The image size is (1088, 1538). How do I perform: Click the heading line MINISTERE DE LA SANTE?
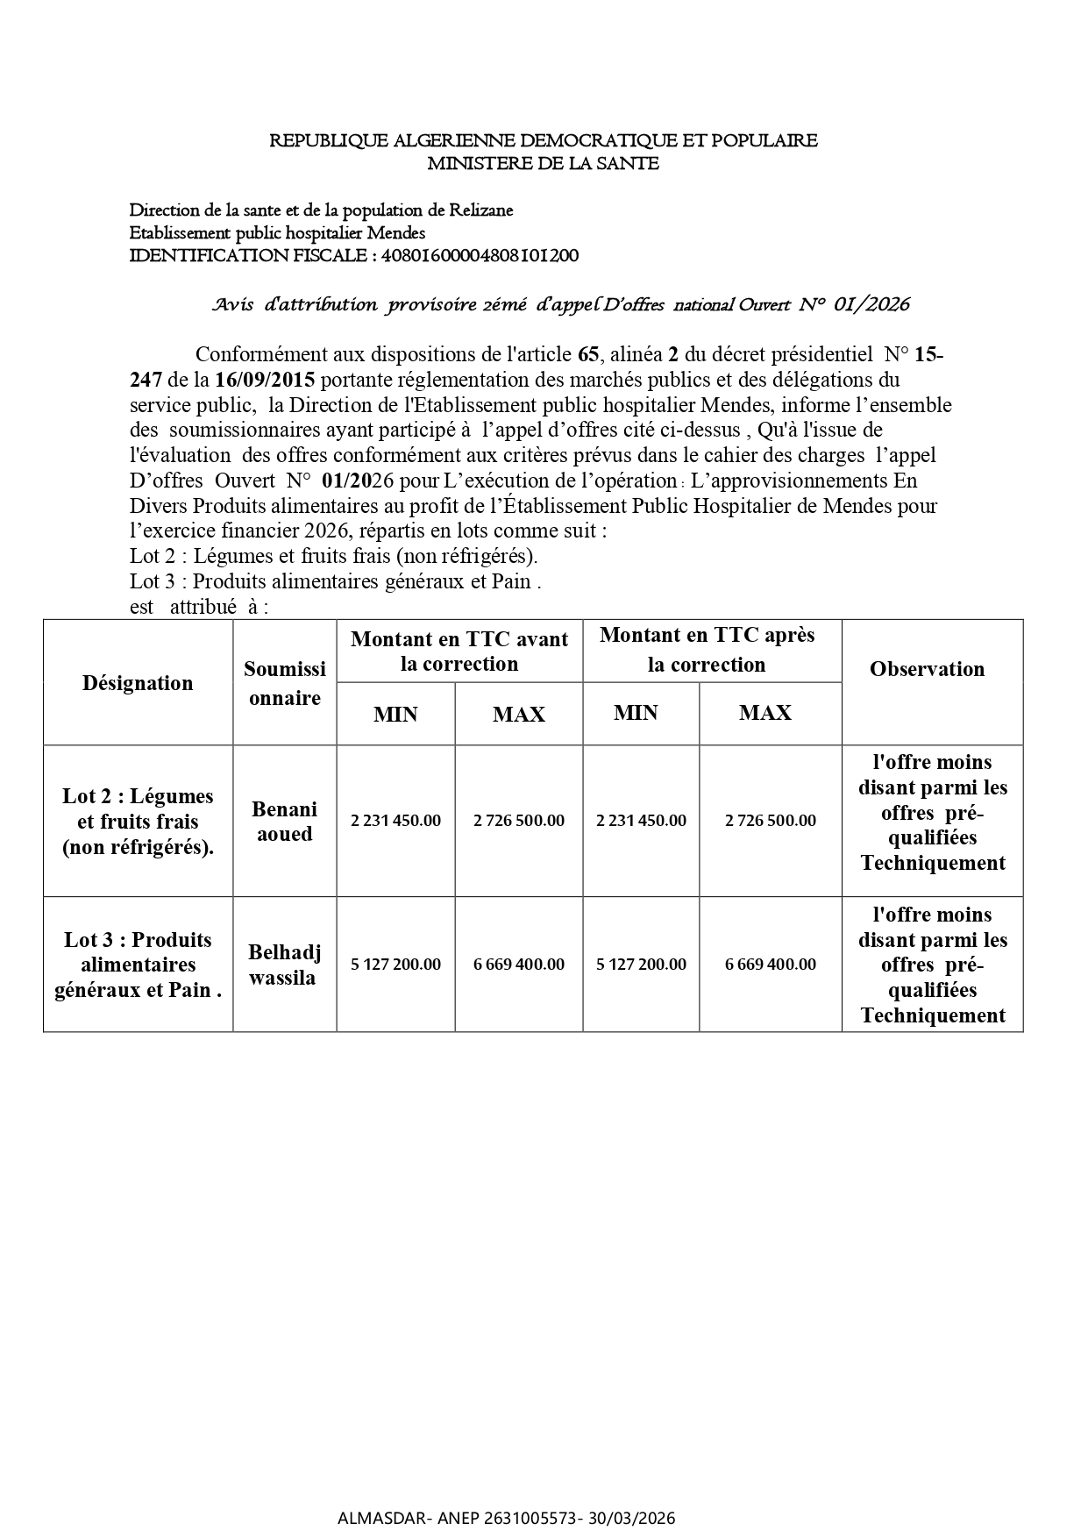pos(543,163)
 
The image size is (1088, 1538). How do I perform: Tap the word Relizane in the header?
pos(480,210)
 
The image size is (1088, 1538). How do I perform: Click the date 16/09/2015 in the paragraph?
pos(264,380)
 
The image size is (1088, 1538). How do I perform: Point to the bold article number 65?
pos(588,354)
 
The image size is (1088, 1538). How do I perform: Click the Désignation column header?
pos(138,683)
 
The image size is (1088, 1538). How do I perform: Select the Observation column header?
pos(927,669)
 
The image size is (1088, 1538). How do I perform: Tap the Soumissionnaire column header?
pos(284,683)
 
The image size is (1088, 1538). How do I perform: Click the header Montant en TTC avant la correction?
pos(459,651)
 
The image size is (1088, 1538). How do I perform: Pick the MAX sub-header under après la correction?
pos(765,713)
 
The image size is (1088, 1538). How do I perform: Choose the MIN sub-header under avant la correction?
pos(395,715)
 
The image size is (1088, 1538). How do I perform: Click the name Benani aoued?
pos(284,821)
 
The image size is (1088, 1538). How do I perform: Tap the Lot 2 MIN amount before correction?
pos(395,821)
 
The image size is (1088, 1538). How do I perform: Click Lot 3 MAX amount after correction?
pos(770,965)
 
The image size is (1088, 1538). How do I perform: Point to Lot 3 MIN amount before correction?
pos(395,965)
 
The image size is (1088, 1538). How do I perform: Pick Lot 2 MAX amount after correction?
pos(770,821)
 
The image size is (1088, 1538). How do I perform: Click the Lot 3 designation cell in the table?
pos(138,965)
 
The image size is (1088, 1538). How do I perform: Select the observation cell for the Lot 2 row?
pos(932,813)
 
